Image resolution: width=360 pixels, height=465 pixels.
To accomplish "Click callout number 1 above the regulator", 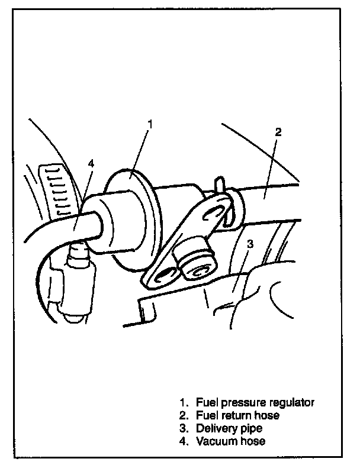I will pyautogui.click(x=150, y=124).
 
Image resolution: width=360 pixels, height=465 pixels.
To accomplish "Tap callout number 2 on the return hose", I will pyautogui.click(x=278, y=132).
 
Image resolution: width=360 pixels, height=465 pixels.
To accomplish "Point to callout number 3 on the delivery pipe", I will pyautogui.click(x=250, y=243).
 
